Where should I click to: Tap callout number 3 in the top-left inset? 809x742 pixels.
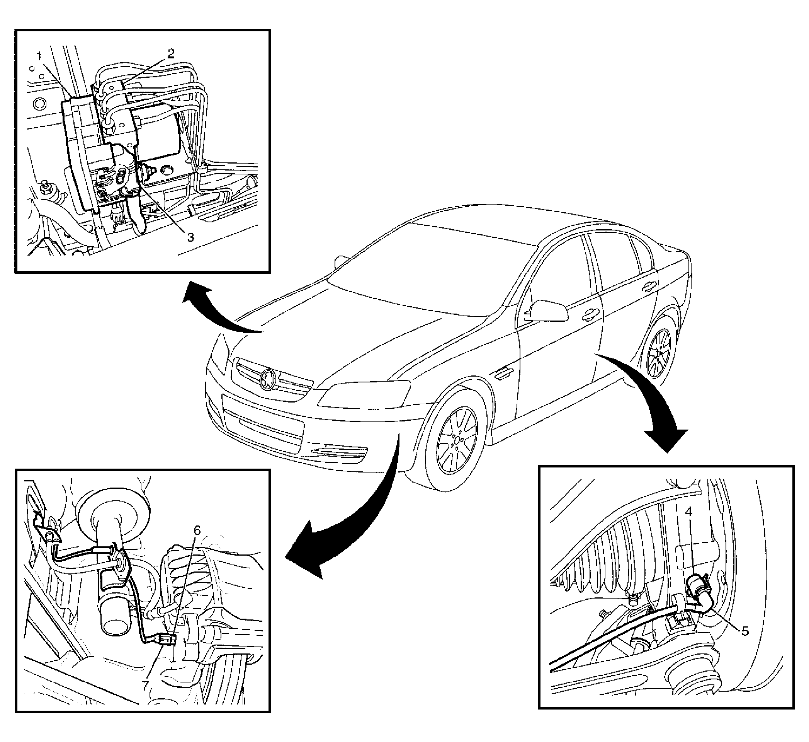[x=190, y=237]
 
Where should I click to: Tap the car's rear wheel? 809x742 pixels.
[x=659, y=353]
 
